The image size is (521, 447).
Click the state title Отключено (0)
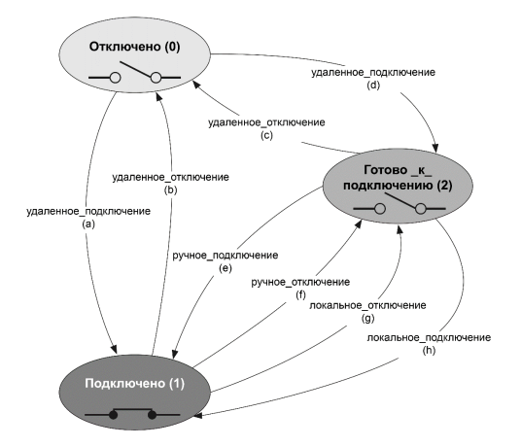pos(134,47)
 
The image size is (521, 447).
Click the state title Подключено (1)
pos(134,384)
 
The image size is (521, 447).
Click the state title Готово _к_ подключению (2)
pos(398,178)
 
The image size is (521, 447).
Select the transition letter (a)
pos(88,224)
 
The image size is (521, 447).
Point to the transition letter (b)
pos(170,190)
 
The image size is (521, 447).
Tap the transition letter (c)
pos(266,135)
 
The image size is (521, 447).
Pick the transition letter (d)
pos(373,86)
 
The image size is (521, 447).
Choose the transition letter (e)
pos(225,268)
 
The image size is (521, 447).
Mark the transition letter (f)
pos(300,294)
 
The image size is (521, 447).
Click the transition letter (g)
pos(367,319)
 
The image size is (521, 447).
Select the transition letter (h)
pos(429,351)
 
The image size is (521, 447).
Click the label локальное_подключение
pos(429,338)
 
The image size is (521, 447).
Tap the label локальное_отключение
pos(367,305)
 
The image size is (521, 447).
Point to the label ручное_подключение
pos(226,256)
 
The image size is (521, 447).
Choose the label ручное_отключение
pos(300,283)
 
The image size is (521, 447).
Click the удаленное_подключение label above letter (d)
pos(373,73)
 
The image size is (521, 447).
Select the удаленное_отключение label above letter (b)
pos(170,177)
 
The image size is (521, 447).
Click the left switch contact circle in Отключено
pos(115,78)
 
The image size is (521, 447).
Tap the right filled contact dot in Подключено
pos(152,415)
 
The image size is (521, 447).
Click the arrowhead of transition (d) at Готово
pos(435,148)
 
